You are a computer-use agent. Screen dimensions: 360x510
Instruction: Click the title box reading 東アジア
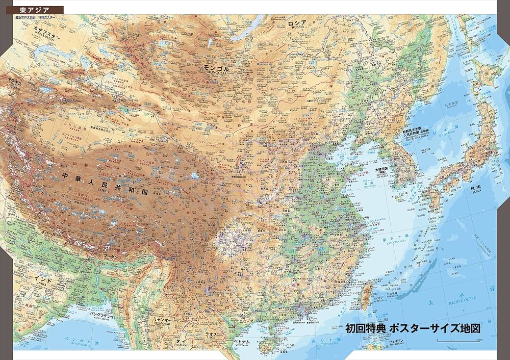(32, 10)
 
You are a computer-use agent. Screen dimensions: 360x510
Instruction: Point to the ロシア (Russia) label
(297, 23)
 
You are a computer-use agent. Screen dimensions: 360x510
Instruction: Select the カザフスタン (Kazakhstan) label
(46, 37)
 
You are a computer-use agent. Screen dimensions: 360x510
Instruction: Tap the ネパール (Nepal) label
(48, 233)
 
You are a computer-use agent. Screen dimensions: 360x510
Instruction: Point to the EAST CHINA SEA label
(393, 244)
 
